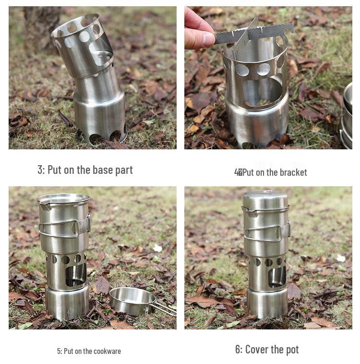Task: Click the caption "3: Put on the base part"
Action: (x=85, y=170)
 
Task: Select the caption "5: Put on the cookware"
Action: (x=89, y=351)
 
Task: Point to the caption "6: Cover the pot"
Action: (x=267, y=349)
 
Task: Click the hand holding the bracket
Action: (x=199, y=31)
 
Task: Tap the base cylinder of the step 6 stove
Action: (x=267, y=303)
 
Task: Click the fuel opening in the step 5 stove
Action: (x=76, y=274)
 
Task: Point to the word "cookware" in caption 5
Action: (x=107, y=351)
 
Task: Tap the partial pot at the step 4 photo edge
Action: (x=348, y=115)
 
